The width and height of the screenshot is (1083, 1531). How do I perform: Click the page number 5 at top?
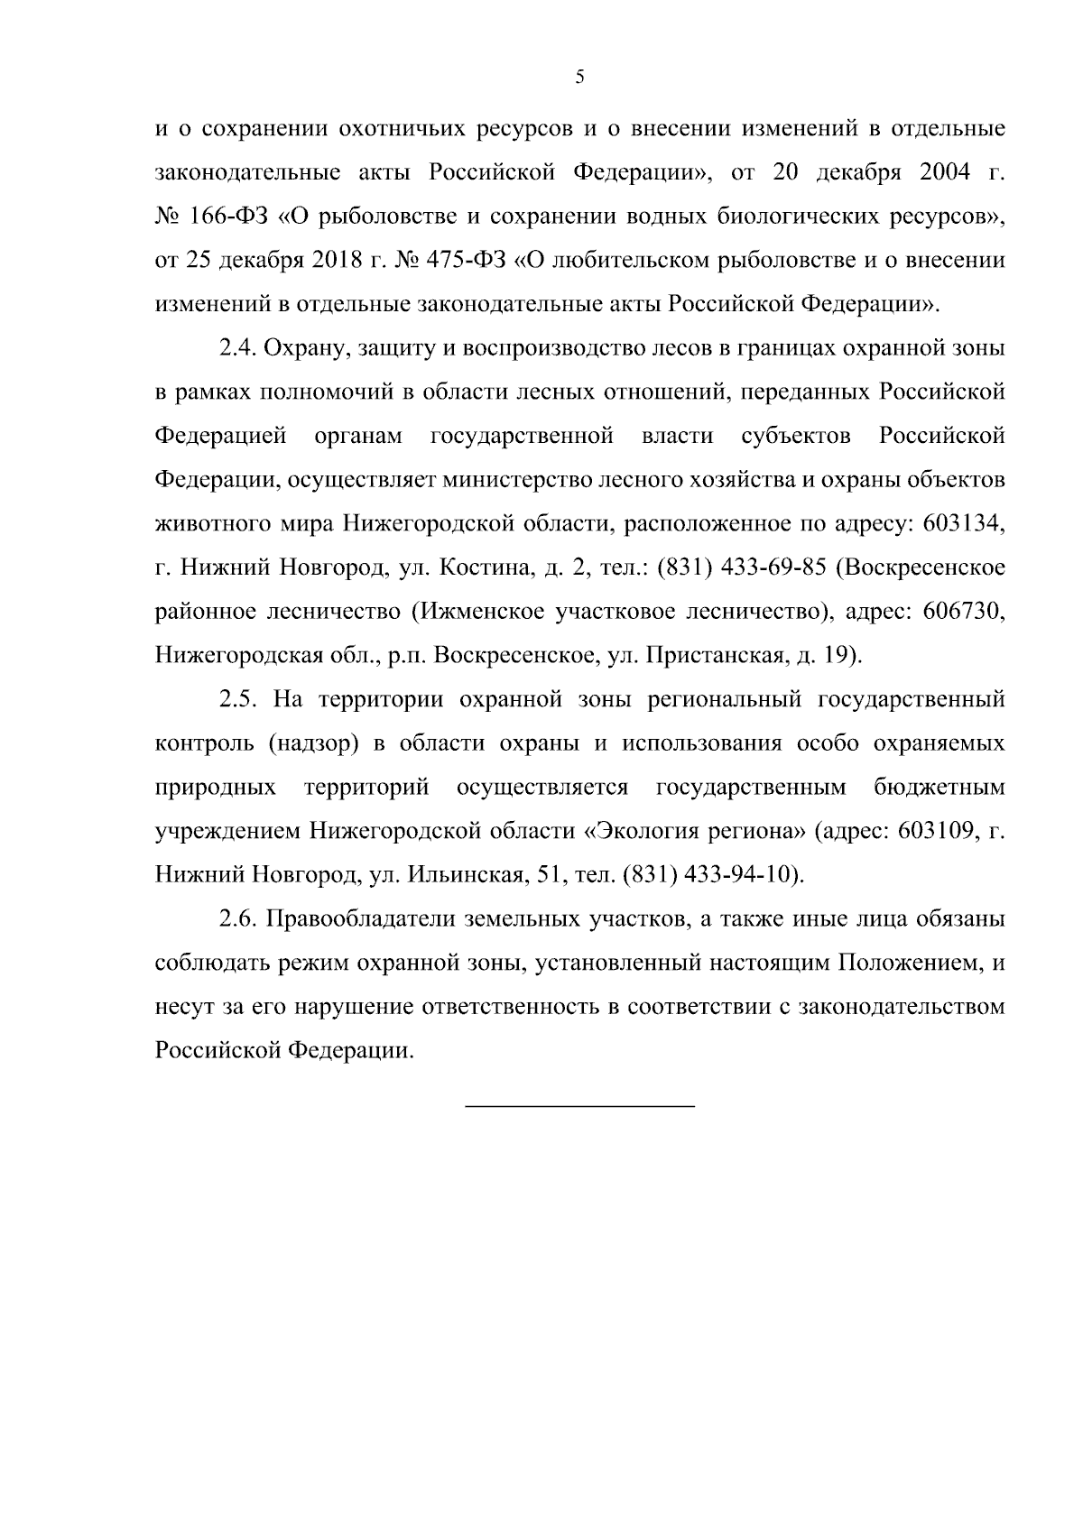[579, 78]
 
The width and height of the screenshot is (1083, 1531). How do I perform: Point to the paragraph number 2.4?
[239, 349]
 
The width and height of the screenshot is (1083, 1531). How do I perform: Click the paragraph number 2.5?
[239, 700]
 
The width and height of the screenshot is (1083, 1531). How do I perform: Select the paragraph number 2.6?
[239, 920]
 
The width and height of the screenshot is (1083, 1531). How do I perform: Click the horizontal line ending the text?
[579, 1106]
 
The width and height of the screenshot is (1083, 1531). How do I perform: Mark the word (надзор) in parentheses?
[314, 744]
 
